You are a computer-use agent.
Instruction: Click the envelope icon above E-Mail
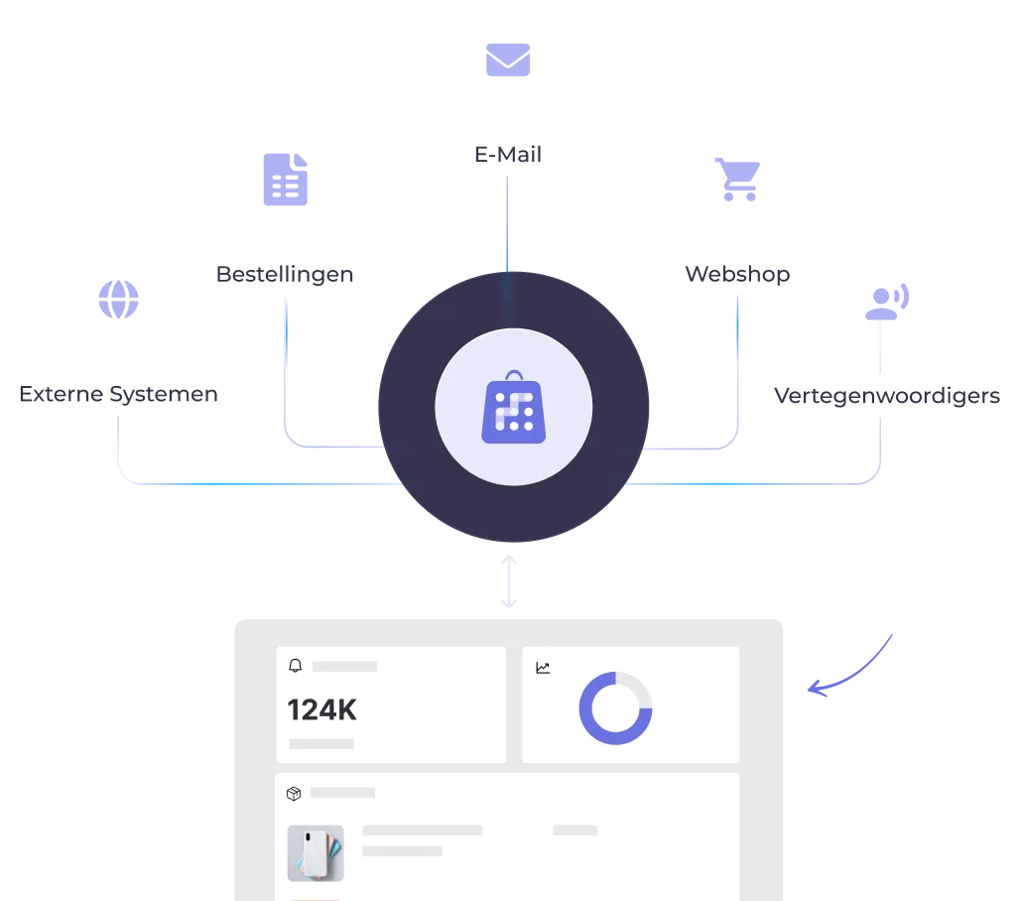click(507, 60)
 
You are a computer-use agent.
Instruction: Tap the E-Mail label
click(507, 155)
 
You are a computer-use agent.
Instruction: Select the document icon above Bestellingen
click(285, 180)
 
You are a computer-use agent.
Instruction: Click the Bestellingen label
click(285, 274)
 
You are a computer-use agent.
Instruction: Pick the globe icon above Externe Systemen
click(118, 299)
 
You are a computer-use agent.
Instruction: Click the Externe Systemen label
click(118, 394)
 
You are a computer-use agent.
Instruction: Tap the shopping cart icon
click(737, 180)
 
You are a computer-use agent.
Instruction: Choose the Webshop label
click(737, 274)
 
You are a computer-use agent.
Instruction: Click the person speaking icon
click(886, 301)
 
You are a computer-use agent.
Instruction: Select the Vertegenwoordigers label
click(886, 396)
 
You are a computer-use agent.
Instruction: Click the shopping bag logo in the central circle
click(514, 408)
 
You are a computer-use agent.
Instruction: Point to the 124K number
click(321, 710)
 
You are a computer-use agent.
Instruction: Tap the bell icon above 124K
click(295, 666)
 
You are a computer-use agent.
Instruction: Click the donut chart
click(615, 708)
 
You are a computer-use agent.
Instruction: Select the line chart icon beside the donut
click(543, 668)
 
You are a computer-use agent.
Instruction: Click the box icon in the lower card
click(294, 793)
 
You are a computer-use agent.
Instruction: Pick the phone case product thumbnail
click(316, 852)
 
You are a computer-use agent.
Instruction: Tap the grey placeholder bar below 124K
click(321, 743)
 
